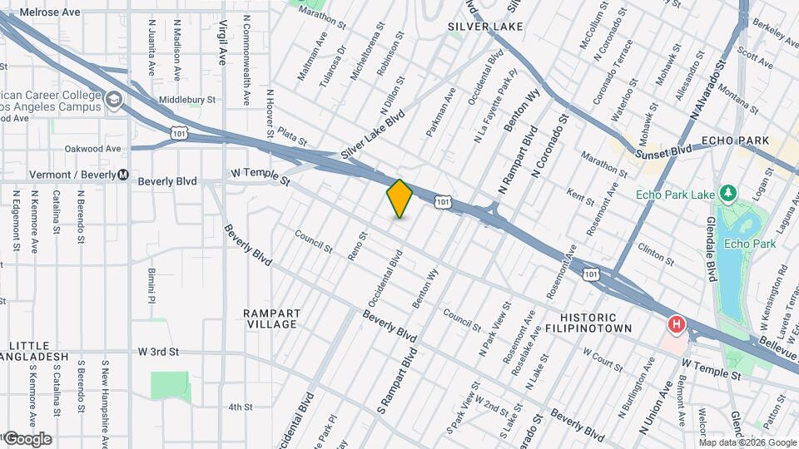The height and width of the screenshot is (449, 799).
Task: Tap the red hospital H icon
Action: click(x=677, y=323)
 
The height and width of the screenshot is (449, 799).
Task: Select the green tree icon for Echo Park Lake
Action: click(x=729, y=195)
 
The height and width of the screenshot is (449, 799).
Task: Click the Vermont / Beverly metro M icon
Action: click(x=123, y=175)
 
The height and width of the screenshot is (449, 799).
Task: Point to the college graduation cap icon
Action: click(x=114, y=101)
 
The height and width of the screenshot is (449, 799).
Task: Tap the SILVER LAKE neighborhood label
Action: click(x=485, y=27)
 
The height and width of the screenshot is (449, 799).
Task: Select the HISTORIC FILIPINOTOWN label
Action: click(x=588, y=323)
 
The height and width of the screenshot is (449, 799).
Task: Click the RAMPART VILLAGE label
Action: click(x=272, y=318)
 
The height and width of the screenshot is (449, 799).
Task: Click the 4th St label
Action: click(x=240, y=407)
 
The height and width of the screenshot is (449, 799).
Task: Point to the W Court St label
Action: click(x=603, y=358)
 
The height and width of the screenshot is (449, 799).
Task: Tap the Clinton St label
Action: click(x=655, y=249)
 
